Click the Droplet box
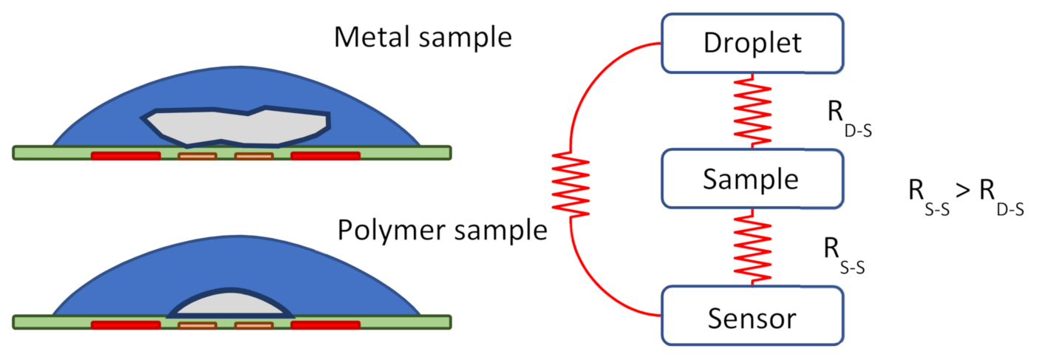[752, 43]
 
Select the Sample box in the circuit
[752, 179]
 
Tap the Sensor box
[752, 316]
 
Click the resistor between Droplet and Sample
[752, 111]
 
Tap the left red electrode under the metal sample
[126, 156]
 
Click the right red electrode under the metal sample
[325, 156]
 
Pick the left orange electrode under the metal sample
[197, 156]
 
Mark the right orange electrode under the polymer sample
[253, 325]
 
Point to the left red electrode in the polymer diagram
[126, 325]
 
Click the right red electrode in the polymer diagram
[325, 325]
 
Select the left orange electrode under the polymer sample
[197, 325]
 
